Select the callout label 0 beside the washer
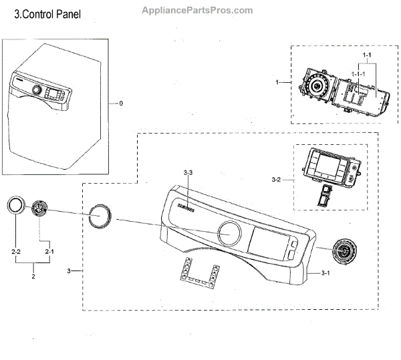pos(120,104)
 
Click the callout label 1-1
pos(366,54)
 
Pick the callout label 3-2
pos(277,180)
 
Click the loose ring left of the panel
pos(100,217)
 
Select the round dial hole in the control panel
pos(229,234)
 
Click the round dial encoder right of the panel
pos(344,251)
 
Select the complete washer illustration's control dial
pos(37,90)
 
